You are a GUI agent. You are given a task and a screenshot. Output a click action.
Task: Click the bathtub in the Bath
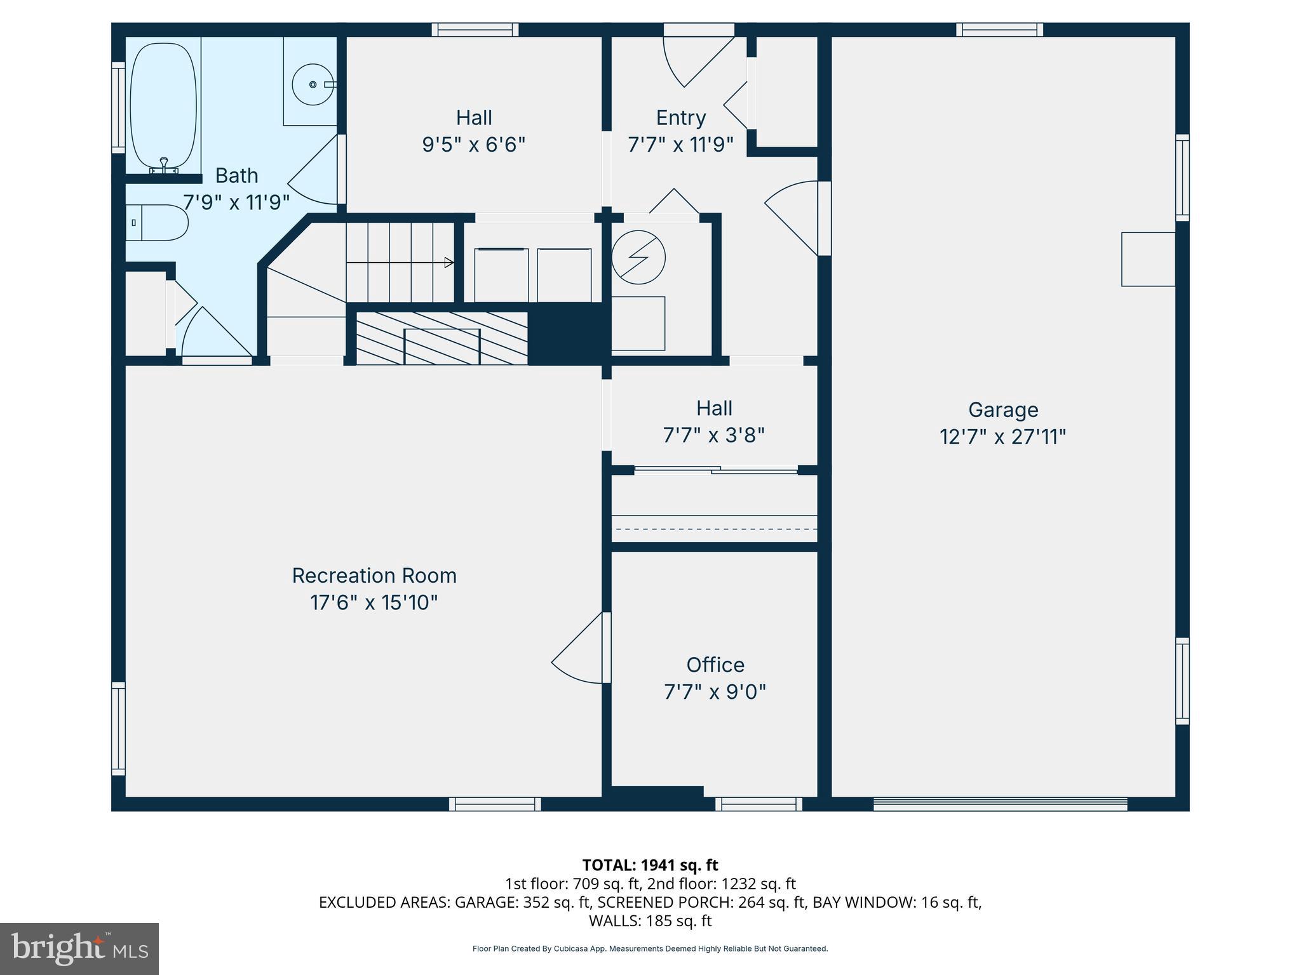[x=163, y=105]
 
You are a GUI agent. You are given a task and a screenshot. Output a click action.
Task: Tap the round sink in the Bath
[x=313, y=84]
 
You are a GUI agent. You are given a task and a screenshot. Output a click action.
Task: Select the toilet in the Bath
[x=159, y=223]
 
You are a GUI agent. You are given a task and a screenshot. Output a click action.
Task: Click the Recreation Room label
[x=374, y=576]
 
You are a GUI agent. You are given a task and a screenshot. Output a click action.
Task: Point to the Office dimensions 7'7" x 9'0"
[x=715, y=692]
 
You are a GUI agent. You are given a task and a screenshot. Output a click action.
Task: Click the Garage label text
[x=1002, y=410]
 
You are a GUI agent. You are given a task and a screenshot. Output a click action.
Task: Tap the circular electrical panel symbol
[x=638, y=258]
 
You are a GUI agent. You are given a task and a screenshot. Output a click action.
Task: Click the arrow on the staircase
[x=448, y=262]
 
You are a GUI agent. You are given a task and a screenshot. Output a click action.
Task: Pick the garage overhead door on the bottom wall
[x=1000, y=804]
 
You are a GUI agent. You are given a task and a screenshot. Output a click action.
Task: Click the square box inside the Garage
[x=1147, y=259]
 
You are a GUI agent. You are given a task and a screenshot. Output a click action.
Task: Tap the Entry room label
[x=680, y=118]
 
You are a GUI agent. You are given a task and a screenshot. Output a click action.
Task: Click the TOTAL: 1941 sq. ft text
[x=650, y=865]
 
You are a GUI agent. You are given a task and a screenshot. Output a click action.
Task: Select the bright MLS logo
[x=79, y=948]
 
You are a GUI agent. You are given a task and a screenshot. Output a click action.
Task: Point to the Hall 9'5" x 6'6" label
[x=474, y=131]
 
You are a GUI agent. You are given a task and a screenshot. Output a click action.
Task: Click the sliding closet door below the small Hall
[x=715, y=470]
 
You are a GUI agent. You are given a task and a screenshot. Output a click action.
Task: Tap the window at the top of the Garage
[x=999, y=29]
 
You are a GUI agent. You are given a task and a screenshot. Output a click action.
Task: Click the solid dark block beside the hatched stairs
[x=567, y=334]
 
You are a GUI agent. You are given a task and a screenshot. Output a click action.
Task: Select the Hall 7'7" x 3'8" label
[x=714, y=421]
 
